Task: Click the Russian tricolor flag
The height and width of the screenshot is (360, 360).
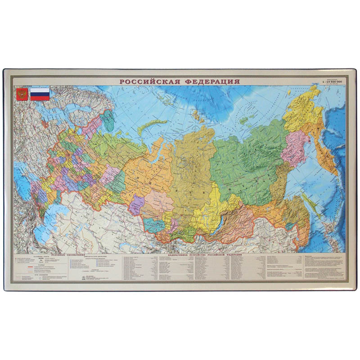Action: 40,93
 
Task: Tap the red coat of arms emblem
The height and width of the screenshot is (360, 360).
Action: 21,94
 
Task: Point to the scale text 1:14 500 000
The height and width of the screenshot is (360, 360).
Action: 333,81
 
